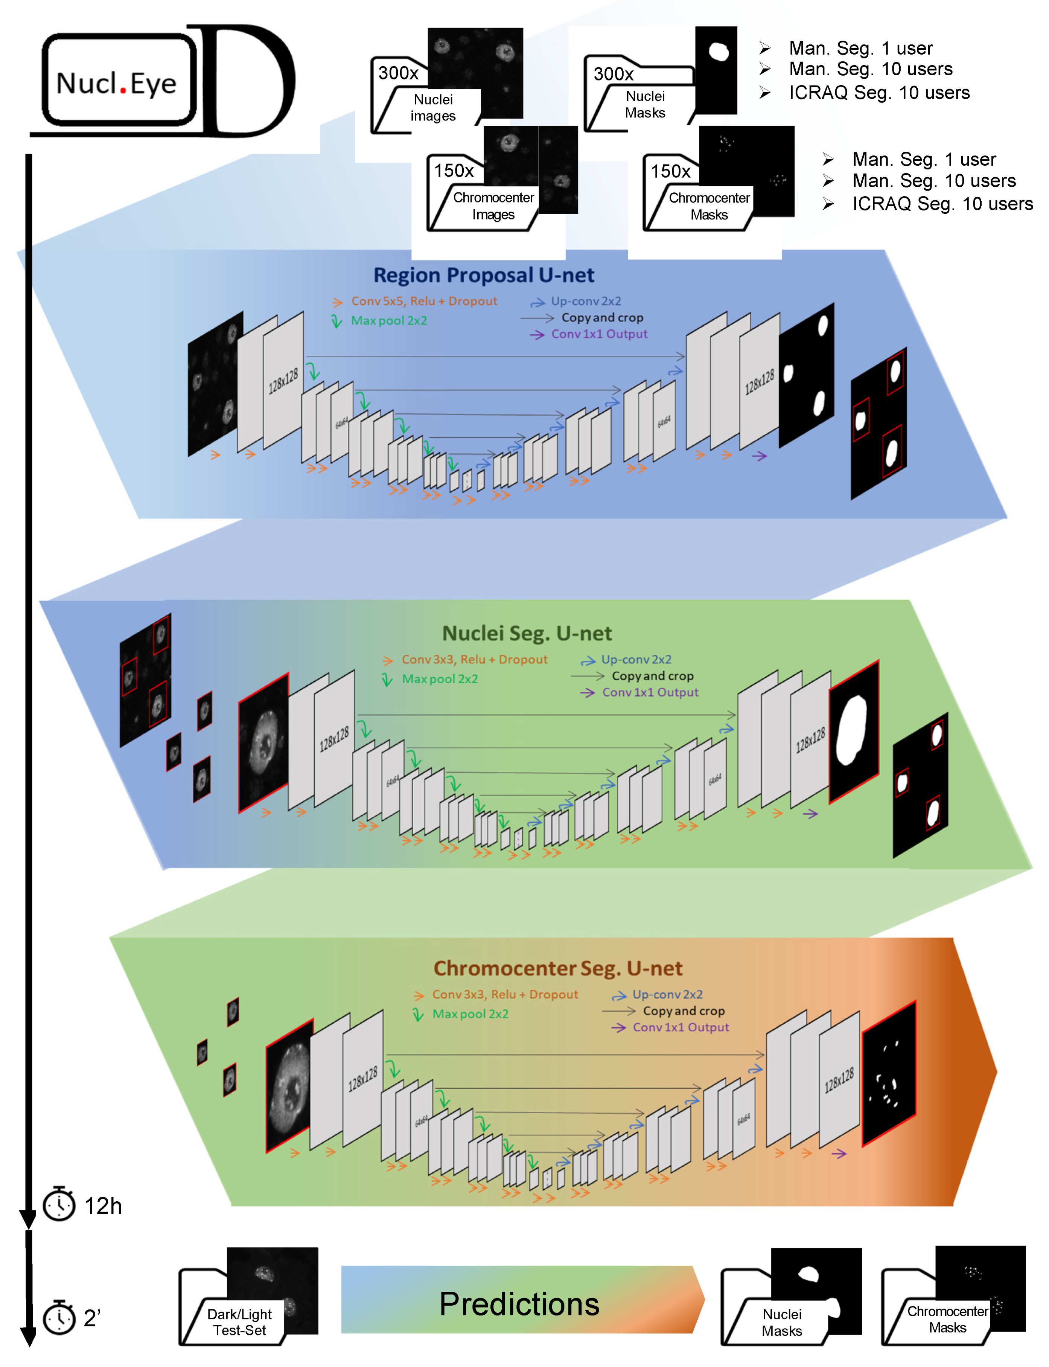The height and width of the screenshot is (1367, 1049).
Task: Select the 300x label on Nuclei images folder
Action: [x=398, y=73]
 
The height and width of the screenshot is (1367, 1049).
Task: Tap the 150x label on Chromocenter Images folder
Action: [x=454, y=171]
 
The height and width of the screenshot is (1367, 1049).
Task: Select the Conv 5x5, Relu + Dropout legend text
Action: [x=424, y=301]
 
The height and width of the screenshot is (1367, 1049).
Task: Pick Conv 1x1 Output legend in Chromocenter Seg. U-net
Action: [x=680, y=1027]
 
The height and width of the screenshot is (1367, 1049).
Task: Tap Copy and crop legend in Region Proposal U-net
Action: [x=602, y=318]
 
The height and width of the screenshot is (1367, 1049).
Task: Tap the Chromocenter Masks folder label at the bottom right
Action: [x=947, y=1319]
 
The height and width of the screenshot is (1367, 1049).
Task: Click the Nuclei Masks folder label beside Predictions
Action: [x=782, y=1322]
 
